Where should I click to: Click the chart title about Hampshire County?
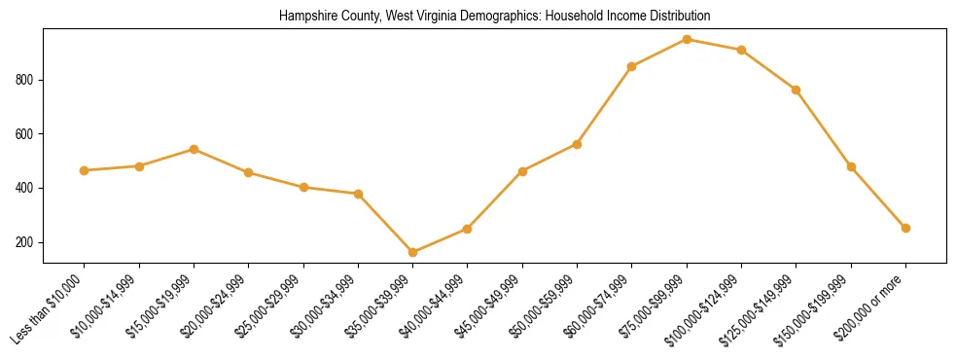click(x=494, y=17)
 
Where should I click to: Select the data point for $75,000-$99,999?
click(x=688, y=39)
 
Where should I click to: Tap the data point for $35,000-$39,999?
click(x=413, y=252)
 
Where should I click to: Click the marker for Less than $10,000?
click(x=85, y=170)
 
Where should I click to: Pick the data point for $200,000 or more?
click(x=906, y=228)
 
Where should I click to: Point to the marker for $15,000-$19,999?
click(x=195, y=149)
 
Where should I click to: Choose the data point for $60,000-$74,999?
click(x=632, y=66)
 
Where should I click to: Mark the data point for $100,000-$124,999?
click(x=742, y=50)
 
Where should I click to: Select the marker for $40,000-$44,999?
click(x=468, y=229)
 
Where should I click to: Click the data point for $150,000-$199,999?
click(x=852, y=166)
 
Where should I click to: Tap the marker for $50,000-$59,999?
click(x=578, y=144)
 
